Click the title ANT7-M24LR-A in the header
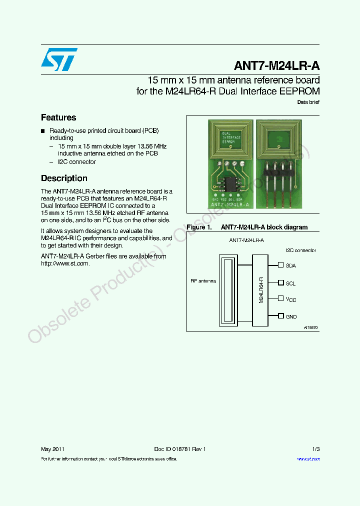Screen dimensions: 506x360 tap(277, 66)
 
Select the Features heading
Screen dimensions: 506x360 tap(58, 117)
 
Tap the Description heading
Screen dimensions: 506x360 tap(64, 178)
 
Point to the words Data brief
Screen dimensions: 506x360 tap(308, 102)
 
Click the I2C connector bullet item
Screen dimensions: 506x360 tap(77, 162)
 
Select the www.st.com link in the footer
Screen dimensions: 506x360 tap(308, 458)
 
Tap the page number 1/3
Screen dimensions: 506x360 tap(315, 449)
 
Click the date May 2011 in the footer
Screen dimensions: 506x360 tap(52, 449)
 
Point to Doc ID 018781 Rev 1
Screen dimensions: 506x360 tap(180, 449)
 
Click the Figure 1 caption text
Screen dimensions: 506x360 tap(247, 227)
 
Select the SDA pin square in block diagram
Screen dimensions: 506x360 tap(281, 265)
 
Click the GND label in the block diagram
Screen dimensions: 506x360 tap(291, 316)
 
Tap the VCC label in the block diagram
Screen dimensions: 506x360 tap(291, 299)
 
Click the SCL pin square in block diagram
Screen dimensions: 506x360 tap(281, 282)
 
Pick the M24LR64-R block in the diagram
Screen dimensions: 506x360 tap(260, 290)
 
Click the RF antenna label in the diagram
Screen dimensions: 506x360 tap(203, 281)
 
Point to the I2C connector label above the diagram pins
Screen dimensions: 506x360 tap(301, 250)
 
